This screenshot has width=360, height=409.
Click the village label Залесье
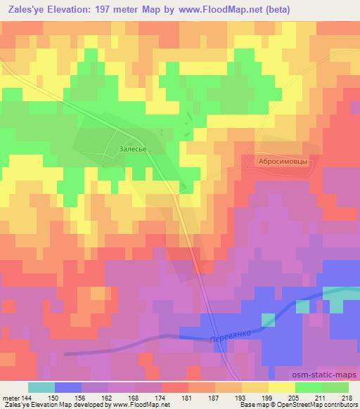pos(133,149)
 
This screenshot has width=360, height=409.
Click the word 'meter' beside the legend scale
pos(9,398)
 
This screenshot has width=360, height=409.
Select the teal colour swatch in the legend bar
pos(41,387)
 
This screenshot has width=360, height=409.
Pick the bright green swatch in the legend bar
pos(308,387)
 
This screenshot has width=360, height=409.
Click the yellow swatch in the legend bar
pos(281,387)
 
